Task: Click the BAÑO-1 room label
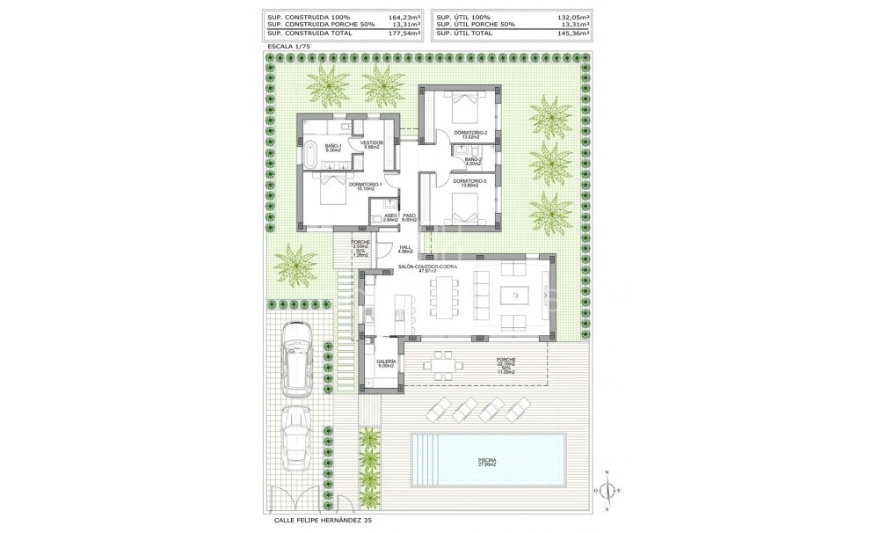(332, 147)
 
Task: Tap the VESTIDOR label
(362, 143)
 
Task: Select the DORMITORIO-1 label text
(364, 186)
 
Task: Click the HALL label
(405, 249)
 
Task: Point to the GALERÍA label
(386, 362)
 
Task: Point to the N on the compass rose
(607, 473)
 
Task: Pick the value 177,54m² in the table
(404, 33)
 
